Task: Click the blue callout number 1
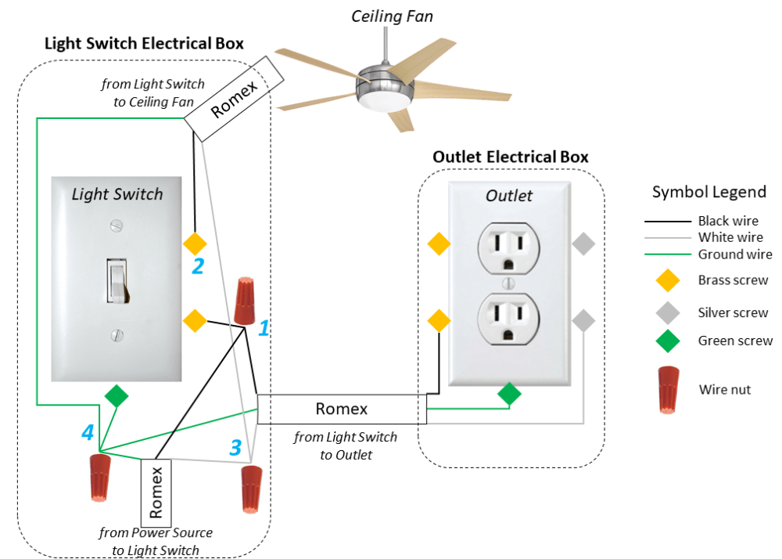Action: point(264,328)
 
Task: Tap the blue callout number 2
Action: point(199,266)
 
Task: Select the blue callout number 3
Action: point(235,447)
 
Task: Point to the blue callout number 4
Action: point(88,431)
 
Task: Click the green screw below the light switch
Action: point(117,396)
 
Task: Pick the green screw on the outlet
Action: point(510,394)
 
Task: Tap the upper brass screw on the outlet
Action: point(439,244)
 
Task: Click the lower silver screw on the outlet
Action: point(583,320)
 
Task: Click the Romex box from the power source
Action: point(156,492)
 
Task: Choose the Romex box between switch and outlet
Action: point(342,409)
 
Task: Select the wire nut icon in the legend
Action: point(668,390)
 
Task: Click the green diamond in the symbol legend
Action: point(668,341)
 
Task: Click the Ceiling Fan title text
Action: point(392,16)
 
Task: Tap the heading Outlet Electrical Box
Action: point(511,157)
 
